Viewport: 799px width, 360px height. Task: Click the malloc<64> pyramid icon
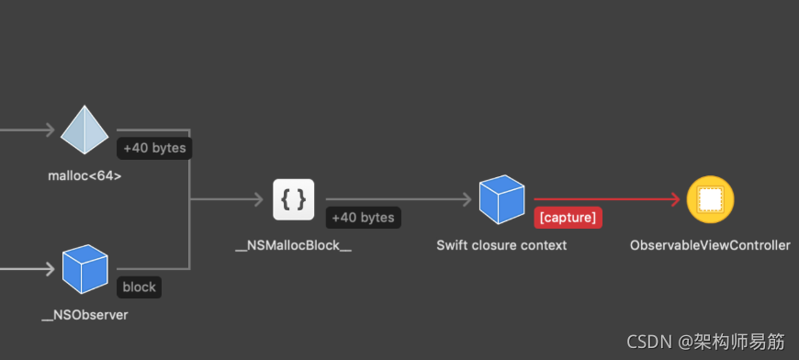coord(84,130)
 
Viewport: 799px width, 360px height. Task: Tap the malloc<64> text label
coord(84,174)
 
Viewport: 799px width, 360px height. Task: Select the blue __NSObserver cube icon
coord(84,269)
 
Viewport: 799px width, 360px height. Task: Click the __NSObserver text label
coord(84,315)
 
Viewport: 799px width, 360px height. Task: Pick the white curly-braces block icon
coord(294,199)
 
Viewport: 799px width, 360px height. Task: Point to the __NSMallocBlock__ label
coord(294,245)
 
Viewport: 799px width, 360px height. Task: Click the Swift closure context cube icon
coord(501,199)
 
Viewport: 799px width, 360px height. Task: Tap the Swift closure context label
coord(501,245)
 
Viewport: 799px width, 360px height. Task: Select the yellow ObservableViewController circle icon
coord(710,199)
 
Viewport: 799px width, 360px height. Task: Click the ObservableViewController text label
coord(710,245)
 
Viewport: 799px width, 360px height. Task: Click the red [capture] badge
coord(568,218)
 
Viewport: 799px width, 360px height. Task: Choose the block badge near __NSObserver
coord(140,287)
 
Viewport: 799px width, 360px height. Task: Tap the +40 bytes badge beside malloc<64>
coord(153,148)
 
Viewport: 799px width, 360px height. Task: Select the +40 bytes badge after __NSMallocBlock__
coord(363,218)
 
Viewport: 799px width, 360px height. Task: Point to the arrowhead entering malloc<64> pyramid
coord(49,130)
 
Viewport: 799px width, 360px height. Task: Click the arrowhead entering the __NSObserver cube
coord(49,269)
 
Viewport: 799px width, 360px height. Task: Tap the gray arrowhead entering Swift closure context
coord(466,199)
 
